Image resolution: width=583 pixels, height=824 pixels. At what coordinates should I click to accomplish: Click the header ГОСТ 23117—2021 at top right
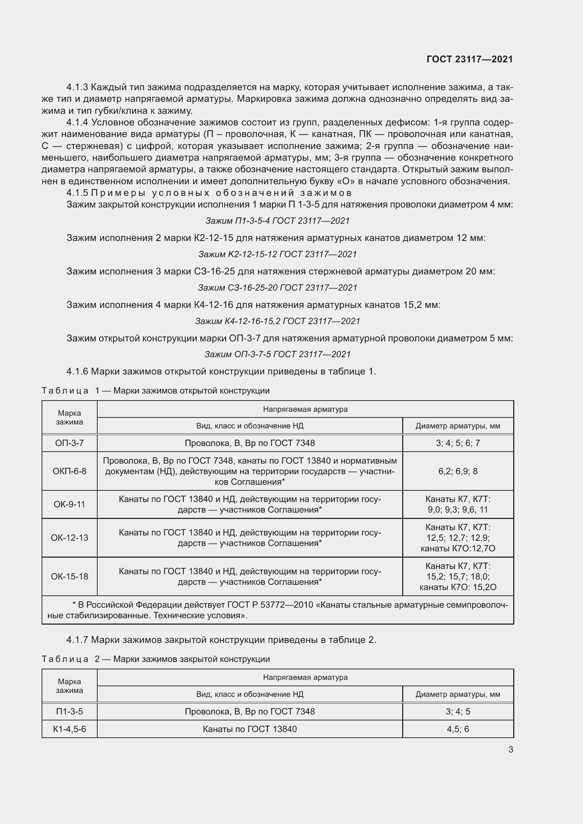(x=470, y=59)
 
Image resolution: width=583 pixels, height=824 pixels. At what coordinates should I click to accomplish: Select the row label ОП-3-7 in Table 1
(x=69, y=443)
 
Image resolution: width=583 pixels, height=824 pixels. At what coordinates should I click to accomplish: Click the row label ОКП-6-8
(x=69, y=471)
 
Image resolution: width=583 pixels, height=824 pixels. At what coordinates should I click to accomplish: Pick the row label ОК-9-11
(x=69, y=504)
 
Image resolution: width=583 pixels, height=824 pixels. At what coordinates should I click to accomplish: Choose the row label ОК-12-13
(x=69, y=538)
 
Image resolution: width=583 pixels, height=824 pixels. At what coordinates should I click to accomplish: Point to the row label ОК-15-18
(x=69, y=576)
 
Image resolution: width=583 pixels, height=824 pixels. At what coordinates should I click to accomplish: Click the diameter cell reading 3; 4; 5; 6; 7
(x=458, y=443)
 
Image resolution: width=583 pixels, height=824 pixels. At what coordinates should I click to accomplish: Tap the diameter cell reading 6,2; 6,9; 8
(x=458, y=471)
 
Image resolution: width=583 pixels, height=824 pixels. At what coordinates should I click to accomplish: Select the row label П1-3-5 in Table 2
(x=69, y=711)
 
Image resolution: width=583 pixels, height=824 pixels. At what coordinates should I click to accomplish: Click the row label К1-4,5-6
(x=69, y=729)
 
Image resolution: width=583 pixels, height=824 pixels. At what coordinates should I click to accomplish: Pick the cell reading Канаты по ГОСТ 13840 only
(x=250, y=729)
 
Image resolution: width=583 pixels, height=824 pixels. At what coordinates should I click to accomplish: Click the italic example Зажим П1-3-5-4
(x=277, y=221)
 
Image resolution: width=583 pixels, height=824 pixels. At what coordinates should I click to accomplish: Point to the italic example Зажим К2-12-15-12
(x=277, y=254)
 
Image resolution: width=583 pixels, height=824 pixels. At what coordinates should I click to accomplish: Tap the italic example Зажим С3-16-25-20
(x=277, y=287)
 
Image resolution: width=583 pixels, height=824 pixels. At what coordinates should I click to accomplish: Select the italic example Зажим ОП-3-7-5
(x=277, y=354)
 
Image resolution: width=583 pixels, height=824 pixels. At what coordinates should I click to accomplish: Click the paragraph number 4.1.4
(x=77, y=122)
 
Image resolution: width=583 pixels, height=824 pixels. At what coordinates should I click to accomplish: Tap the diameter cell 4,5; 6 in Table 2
(x=458, y=729)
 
